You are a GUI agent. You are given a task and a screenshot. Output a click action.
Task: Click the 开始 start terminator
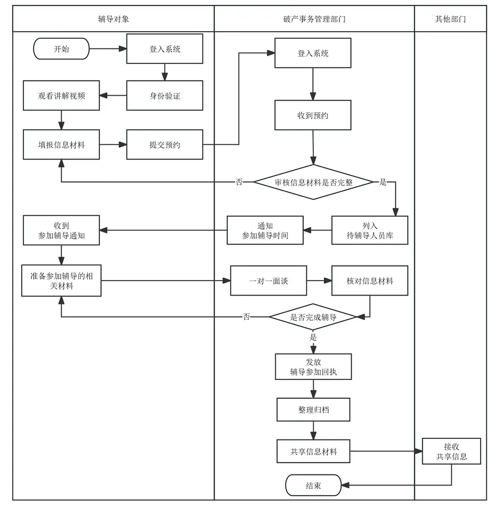point(62,49)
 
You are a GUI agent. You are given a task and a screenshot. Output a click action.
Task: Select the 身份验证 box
point(164,96)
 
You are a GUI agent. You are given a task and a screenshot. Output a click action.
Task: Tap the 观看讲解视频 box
point(61,96)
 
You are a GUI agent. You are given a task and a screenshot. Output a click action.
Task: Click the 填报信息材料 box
point(61,144)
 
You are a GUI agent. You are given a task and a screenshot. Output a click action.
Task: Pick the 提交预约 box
point(164,144)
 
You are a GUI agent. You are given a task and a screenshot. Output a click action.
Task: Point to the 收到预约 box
point(313,116)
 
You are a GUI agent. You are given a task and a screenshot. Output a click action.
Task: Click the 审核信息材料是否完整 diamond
point(313,182)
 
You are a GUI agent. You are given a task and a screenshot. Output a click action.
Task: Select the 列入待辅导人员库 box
point(369,231)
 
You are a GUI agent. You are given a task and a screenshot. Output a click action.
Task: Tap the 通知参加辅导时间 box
point(265,231)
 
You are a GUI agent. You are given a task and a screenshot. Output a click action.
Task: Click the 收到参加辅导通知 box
point(61,231)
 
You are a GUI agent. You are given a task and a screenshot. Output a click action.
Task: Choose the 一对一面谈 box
point(268,281)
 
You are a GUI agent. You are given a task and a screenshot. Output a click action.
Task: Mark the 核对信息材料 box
point(369,281)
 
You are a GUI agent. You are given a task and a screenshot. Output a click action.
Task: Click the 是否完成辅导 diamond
point(313,317)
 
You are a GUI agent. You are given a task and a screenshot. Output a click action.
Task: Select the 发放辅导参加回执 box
point(313,367)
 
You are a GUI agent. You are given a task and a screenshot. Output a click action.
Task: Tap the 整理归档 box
point(313,409)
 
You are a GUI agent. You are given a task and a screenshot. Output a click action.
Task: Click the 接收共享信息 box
point(451,452)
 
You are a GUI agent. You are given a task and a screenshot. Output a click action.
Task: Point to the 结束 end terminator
point(313,486)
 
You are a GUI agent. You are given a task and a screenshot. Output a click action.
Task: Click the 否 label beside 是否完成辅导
point(246,317)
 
